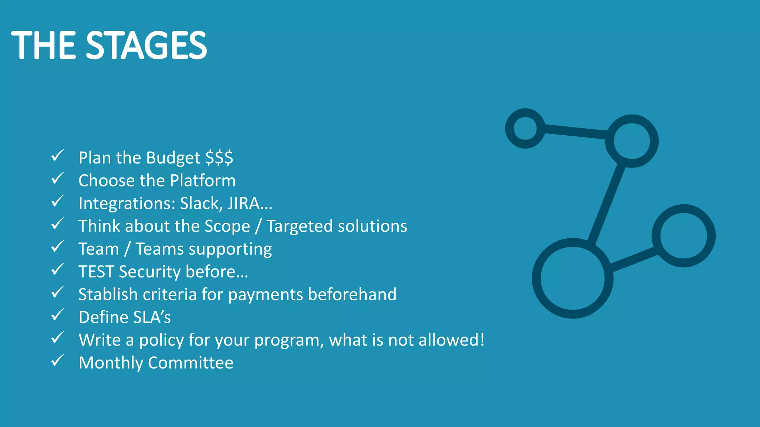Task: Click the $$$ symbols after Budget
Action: coord(219,158)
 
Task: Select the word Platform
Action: coord(203,181)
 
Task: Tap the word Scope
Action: coord(227,226)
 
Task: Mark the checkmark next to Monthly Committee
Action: coord(58,360)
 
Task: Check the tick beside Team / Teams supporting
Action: coord(58,246)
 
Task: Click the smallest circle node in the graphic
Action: coord(525,128)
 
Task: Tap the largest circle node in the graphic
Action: coord(572,278)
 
